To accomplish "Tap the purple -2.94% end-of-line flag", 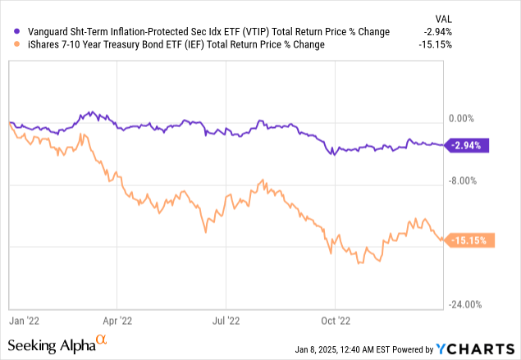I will click(468, 145).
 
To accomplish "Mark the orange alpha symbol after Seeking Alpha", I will click(102, 338).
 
